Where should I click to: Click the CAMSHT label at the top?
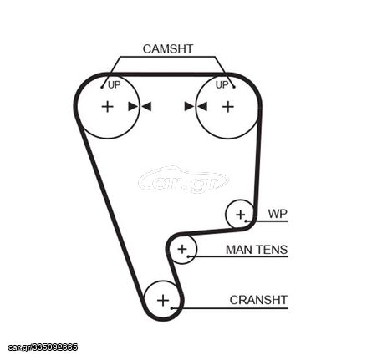168,49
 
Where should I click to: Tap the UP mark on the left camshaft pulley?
114,84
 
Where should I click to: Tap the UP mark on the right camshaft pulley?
222,84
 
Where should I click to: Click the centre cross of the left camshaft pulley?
108,107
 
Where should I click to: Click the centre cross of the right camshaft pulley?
228,107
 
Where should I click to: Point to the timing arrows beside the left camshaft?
140,106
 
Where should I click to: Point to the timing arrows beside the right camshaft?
196,106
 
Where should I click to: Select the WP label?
278,214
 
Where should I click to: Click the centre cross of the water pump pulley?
240,215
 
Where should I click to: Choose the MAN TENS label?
257,250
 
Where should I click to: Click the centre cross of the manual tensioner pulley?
182,249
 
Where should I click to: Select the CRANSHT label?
258,300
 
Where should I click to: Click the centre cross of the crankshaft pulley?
163,301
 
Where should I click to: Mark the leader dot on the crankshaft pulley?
172,308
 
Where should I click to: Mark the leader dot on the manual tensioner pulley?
189,256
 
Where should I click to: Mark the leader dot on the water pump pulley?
246,221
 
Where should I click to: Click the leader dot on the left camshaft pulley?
102,87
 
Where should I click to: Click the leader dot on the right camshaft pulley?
234,87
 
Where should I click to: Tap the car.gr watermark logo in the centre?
183,180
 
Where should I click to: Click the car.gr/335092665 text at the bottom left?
43,347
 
